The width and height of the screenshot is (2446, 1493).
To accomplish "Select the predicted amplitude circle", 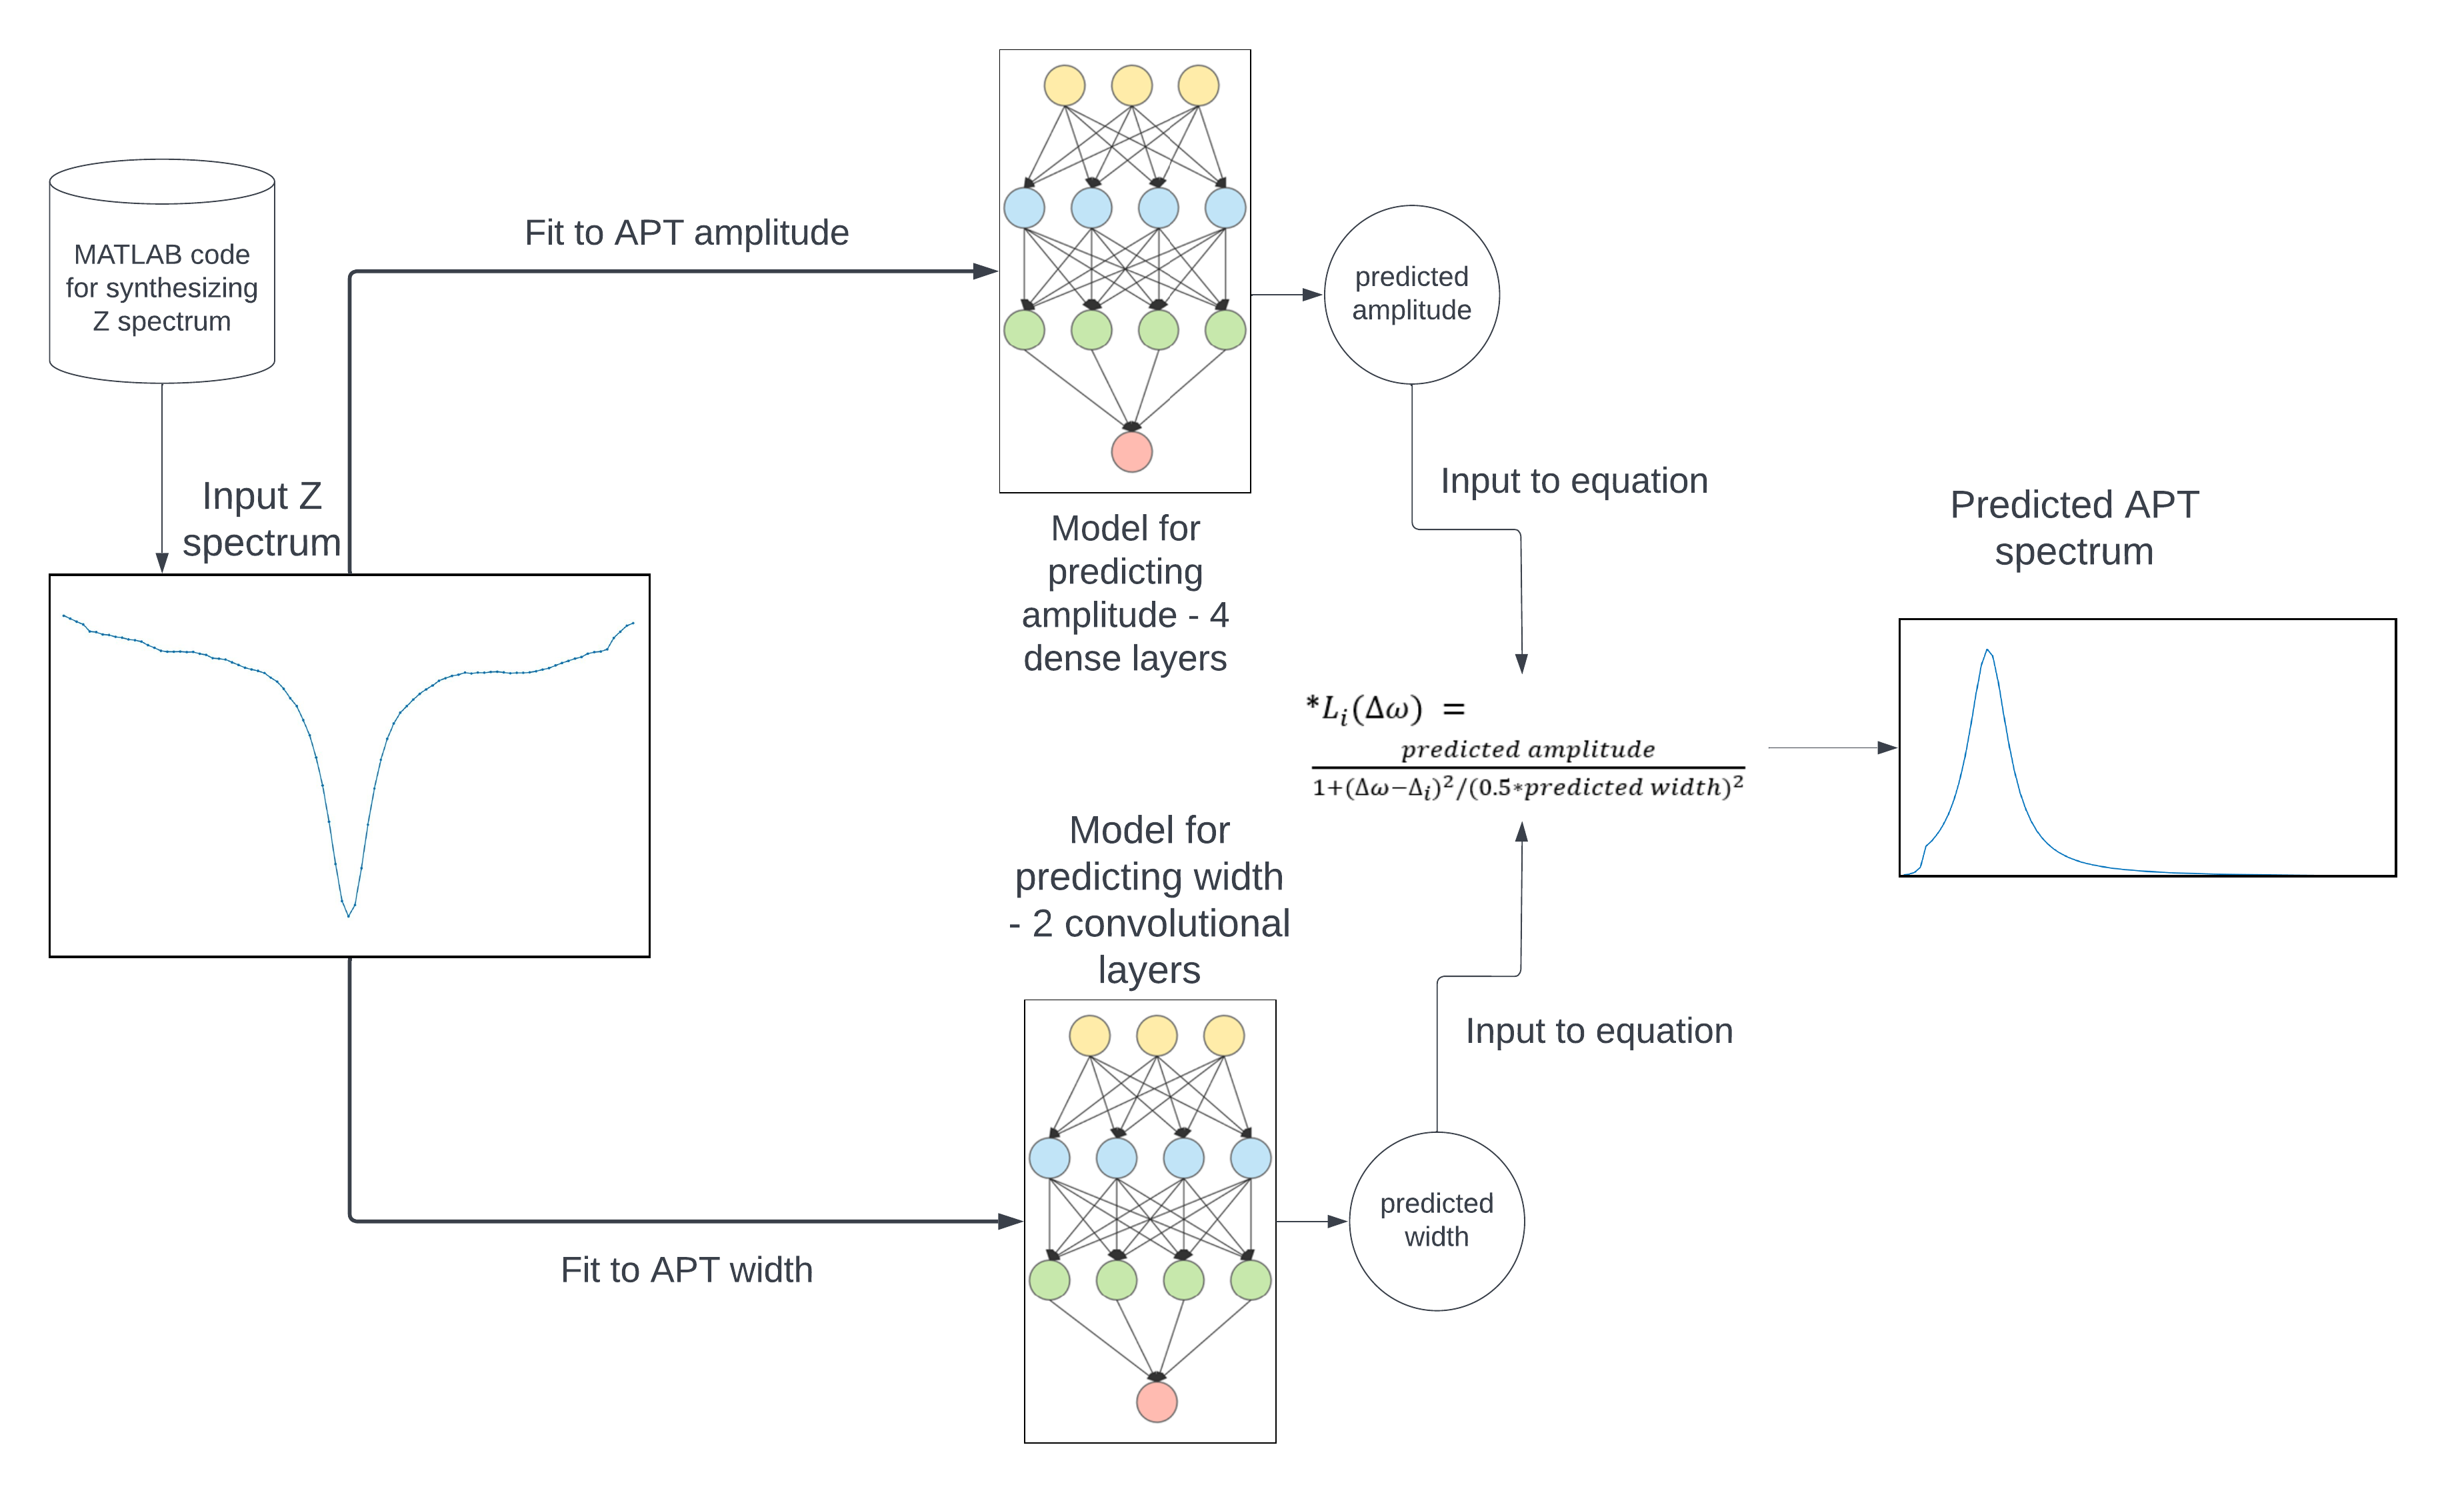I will (x=1411, y=294).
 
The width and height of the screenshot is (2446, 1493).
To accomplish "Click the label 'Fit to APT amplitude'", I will (x=686, y=232).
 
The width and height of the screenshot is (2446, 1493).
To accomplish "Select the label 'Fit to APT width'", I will (x=686, y=1270).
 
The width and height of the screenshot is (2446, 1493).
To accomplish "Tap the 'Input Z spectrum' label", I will (x=261, y=519).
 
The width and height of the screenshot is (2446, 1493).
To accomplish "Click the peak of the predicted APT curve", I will (x=1987, y=651).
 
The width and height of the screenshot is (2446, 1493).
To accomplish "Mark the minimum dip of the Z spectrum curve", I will (x=349, y=914).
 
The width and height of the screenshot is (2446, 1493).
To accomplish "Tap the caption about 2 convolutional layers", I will (x=1149, y=900).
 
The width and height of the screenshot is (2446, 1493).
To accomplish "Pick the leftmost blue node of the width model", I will (x=1049, y=1158).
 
